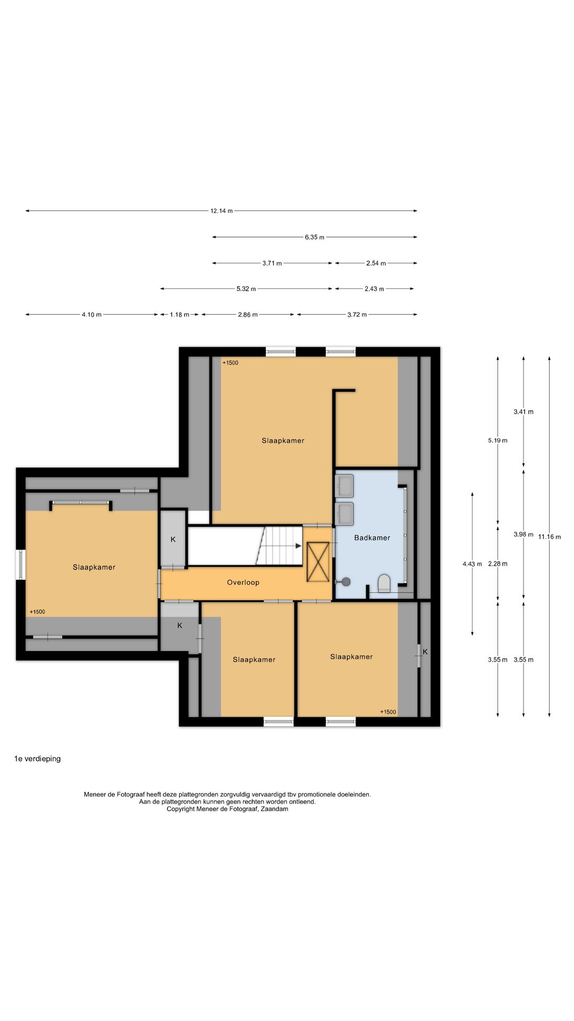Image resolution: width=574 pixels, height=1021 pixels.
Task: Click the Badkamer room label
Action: [372, 538]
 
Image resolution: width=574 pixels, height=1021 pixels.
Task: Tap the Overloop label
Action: [243, 582]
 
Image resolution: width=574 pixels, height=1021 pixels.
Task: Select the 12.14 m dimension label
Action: [222, 211]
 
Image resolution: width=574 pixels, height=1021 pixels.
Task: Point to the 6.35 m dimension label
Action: [315, 237]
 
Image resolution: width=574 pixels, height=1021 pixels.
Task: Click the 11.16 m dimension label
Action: [549, 537]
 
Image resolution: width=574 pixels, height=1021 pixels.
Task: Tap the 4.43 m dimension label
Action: [472, 564]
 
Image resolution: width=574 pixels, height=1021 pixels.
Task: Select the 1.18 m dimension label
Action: [180, 315]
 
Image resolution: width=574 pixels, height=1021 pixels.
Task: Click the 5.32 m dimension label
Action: [246, 289]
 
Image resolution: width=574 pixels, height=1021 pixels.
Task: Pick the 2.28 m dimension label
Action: [497, 564]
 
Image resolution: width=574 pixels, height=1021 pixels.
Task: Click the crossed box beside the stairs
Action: [318, 562]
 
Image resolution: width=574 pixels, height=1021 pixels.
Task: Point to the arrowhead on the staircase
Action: [298, 546]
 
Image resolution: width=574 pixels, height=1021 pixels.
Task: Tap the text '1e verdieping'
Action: [37, 759]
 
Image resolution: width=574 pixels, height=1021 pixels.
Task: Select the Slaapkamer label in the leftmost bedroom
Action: [94, 567]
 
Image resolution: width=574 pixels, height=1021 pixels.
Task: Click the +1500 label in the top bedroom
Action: [231, 363]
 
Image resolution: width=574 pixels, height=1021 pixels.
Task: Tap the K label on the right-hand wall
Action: [425, 651]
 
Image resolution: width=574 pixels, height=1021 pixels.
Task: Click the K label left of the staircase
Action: [173, 539]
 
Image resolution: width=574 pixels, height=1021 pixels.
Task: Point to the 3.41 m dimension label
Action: [524, 412]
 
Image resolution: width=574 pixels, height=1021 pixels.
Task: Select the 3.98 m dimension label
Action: [524, 534]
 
